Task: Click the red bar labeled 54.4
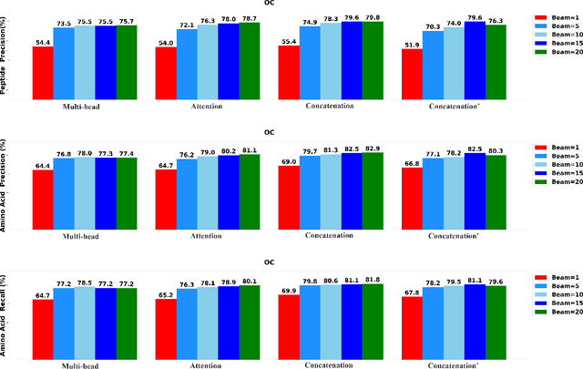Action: [42, 72]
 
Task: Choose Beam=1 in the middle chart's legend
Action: [553, 147]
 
